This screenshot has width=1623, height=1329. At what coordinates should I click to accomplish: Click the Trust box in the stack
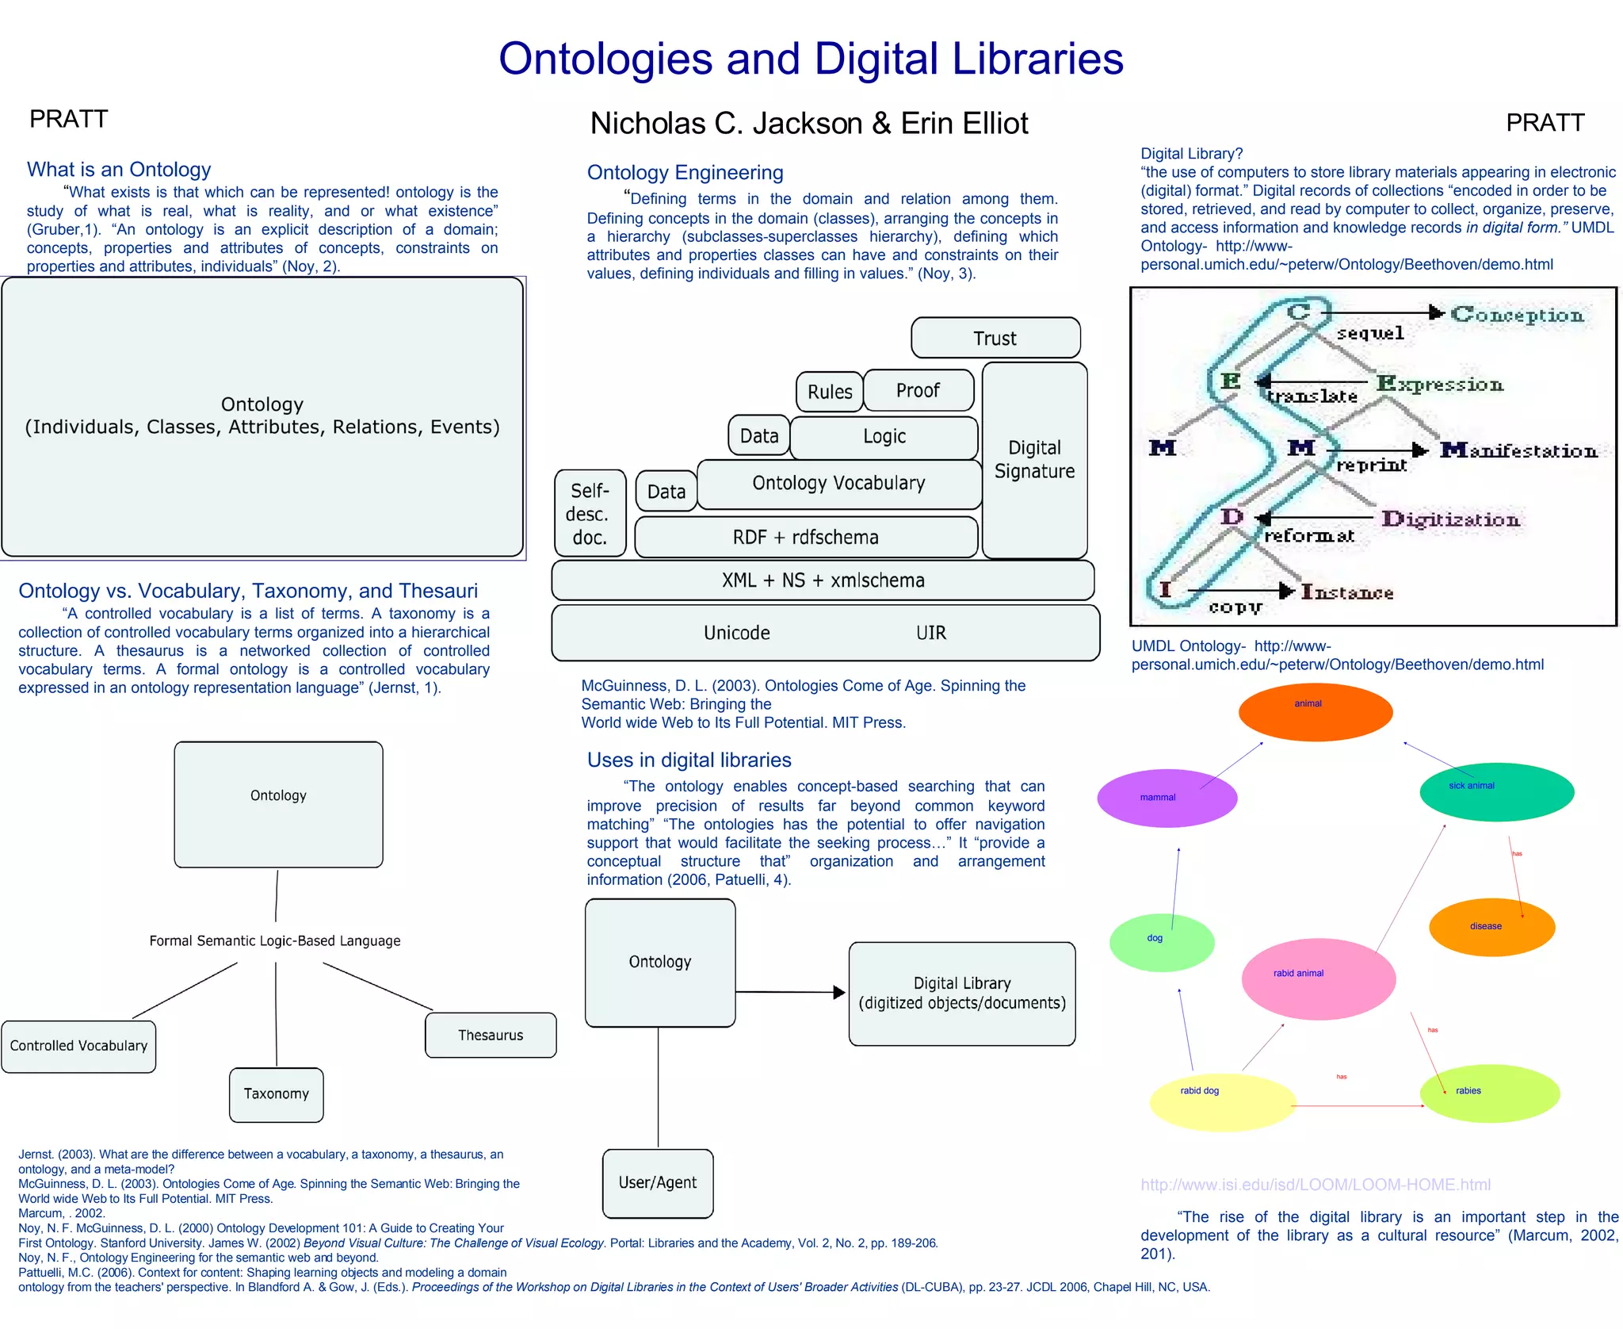pos(995,338)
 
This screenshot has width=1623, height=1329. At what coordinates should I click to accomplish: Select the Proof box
pos(918,390)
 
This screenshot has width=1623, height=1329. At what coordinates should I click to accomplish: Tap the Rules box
pos(830,392)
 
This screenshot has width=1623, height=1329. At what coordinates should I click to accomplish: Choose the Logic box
pos(884,437)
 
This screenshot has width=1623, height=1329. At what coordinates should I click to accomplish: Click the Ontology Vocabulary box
pos(838,484)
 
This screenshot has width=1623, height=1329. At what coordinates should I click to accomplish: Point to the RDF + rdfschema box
pos(805,538)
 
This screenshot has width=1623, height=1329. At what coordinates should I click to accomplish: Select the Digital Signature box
pos(1034,460)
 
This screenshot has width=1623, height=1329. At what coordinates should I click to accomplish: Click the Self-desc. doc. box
pos(590,514)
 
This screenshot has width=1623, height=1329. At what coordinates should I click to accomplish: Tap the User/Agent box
pos(658,1182)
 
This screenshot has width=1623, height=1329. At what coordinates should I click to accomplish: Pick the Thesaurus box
pos(491,1035)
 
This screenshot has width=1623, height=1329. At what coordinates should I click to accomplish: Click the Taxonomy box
pos(276,1094)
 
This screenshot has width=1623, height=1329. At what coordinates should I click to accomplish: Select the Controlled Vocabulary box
pos(78,1046)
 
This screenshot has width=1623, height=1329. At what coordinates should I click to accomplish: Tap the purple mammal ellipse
pos(1167,798)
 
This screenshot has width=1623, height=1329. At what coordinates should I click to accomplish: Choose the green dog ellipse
pos(1162,943)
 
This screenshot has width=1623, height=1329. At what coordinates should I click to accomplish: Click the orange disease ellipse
pos(1491,927)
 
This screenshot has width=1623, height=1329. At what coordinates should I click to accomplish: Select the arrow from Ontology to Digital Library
pos(789,992)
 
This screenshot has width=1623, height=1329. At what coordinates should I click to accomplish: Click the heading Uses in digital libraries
pos(689,760)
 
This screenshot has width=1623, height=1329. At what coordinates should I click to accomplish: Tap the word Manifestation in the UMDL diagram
pos(1518,451)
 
